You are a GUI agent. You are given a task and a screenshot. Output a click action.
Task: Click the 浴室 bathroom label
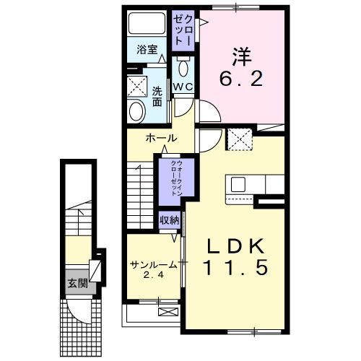click(147, 51)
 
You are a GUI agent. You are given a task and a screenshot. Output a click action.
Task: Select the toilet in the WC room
click(183, 70)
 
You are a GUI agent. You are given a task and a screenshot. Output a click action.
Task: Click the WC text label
click(182, 87)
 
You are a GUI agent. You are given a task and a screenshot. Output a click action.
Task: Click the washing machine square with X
click(136, 86)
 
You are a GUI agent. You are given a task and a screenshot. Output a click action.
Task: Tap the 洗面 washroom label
click(157, 97)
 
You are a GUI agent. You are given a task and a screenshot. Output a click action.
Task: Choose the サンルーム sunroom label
click(154, 264)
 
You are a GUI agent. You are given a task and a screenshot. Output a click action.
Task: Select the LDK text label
click(235, 245)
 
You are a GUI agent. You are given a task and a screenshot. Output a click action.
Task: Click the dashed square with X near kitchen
click(238, 137)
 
